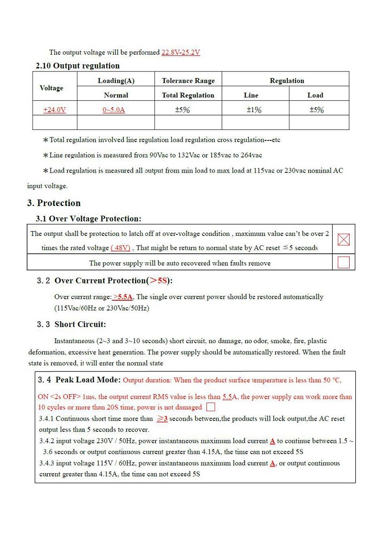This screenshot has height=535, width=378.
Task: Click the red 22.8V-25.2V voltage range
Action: coord(180,52)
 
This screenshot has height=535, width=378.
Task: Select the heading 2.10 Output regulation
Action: coord(78,66)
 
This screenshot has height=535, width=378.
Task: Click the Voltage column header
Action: coord(52,88)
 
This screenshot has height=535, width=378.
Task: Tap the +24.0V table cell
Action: coord(54,110)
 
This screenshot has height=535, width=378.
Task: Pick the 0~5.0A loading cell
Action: coord(114,110)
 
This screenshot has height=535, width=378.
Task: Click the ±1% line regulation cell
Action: coord(254,110)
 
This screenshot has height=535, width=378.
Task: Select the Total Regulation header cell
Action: coord(188,95)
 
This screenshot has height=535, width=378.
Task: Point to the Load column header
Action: coord(315,95)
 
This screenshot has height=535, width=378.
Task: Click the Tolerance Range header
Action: coord(188,81)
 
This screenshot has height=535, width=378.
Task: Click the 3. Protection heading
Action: coord(54,203)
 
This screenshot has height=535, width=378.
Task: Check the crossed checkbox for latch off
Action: coord(344,240)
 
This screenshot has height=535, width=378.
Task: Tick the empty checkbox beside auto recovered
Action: coord(344,262)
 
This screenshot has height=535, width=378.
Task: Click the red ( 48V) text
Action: coord(120,248)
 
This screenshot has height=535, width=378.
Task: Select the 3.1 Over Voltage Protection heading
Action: coord(88,219)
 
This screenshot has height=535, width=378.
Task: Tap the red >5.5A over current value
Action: coord(123,297)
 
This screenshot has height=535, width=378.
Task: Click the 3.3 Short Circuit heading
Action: coord(72,325)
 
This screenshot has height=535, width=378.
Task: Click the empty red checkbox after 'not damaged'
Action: coord(211,407)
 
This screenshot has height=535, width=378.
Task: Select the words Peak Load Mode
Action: coord(88,380)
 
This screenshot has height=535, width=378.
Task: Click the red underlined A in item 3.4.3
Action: coord(273,464)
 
